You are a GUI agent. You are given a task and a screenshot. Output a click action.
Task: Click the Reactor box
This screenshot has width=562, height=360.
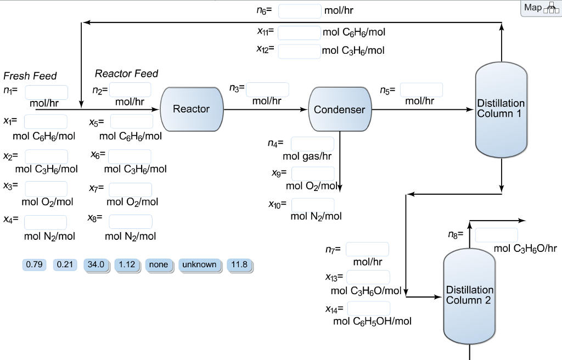(x=192, y=109)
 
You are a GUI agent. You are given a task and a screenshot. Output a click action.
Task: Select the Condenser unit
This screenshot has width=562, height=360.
(x=339, y=109)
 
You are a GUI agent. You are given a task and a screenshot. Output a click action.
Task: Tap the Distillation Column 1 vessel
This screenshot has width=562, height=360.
(x=501, y=109)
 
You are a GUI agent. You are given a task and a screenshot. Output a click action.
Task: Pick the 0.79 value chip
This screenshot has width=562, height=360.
(x=34, y=265)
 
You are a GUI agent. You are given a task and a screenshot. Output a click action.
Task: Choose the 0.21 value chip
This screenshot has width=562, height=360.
(x=65, y=265)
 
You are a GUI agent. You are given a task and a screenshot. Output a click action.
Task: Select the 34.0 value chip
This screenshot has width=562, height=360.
(x=95, y=265)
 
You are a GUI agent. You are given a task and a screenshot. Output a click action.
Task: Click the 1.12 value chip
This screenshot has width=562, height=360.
(x=127, y=265)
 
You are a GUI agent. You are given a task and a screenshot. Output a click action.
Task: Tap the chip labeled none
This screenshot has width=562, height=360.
(x=158, y=265)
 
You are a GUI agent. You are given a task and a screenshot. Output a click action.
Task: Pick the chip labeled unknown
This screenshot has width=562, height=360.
(x=199, y=265)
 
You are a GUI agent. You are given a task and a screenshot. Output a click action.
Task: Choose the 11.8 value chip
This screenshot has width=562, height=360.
(x=239, y=265)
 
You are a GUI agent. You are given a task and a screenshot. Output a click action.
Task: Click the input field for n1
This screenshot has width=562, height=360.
(x=46, y=92)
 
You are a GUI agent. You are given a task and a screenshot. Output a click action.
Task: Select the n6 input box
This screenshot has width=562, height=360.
(x=299, y=11)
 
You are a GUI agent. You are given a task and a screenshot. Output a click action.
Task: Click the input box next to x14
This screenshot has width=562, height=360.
(x=368, y=308)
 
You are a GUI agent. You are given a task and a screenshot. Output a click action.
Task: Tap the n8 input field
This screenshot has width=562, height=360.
(x=496, y=235)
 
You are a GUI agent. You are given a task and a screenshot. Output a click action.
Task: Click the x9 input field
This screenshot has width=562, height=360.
(x=313, y=173)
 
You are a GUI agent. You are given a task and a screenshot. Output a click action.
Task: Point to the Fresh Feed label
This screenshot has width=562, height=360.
(x=30, y=76)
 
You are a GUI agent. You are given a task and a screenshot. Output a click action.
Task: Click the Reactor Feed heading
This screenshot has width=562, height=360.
(x=126, y=74)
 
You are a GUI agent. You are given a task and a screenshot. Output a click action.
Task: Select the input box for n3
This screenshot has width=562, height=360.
(x=267, y=89)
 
